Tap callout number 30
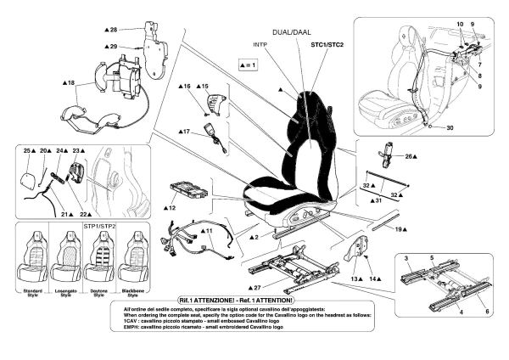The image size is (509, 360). point(450,127)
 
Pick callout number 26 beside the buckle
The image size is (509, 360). point(411,156)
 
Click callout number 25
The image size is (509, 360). point(28,150)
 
